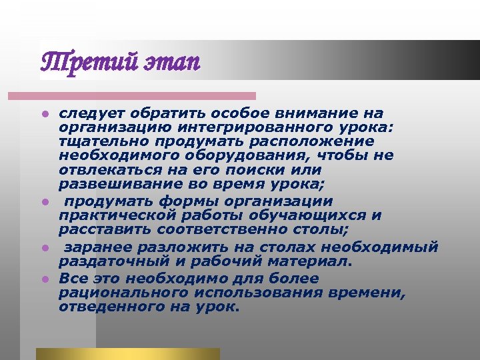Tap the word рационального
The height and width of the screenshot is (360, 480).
pyautogui.click(x=119, y=293)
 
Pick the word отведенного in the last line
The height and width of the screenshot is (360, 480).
pyautogui.click(x=107, y=307)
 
